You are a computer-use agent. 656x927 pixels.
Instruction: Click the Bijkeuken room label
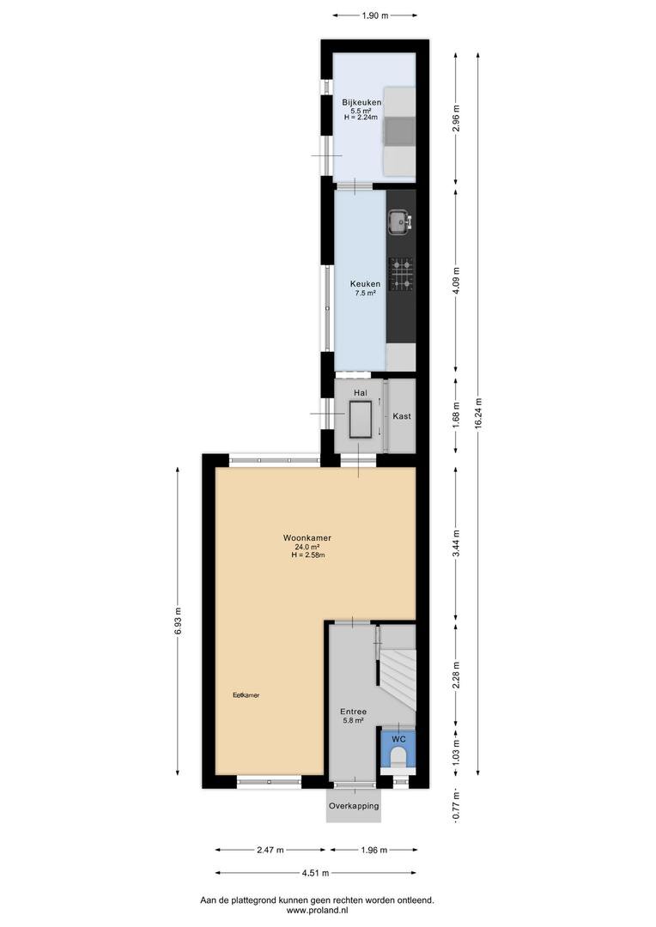[x=361, y=102]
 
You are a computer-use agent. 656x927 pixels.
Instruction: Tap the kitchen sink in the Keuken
[x=401, y=221]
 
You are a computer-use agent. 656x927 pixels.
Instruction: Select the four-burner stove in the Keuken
[x=401, y=274]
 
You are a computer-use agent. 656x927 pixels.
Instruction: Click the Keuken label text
[x=365, y=284]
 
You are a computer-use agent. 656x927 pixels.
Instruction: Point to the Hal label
[x=361, y=392]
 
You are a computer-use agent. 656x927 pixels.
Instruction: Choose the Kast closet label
[x=402, y=416]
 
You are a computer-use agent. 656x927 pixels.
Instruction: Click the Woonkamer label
[x=307, y=538]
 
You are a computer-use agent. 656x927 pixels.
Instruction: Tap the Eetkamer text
[x=246, y=695]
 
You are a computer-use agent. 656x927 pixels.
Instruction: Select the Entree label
[x=353, y=712]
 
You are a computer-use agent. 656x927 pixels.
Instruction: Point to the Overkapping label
[x=354, y=806]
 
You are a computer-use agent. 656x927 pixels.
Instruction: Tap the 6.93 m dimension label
[x=178, y=621]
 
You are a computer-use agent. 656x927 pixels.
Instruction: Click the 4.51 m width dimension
[x=315, y=873]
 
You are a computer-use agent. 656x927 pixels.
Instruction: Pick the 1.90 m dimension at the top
[x=375, y=15]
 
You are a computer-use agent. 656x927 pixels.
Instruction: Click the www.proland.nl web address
[x=317, y=911]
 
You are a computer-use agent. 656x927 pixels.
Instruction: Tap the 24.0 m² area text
[x=307, y=547]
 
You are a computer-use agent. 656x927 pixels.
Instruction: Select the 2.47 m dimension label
[x=270, y=850]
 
